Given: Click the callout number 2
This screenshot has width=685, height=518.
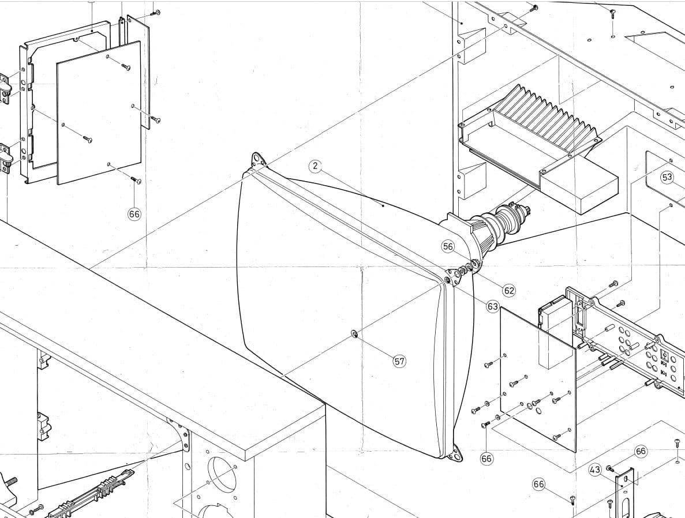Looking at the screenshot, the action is coord(315,166).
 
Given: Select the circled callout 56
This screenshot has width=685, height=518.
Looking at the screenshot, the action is coord(448,246).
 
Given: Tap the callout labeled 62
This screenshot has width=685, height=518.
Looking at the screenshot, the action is coord(509,291).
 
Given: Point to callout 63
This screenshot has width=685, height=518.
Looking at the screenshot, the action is coord(493,307).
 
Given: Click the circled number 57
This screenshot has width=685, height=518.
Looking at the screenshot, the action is coord(399,361).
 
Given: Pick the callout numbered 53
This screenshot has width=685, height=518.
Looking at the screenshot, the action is coord(667,177).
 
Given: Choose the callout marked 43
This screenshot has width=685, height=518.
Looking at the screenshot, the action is coord(595,470).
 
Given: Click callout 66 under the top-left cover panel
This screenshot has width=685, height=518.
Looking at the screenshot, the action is coord(134,214).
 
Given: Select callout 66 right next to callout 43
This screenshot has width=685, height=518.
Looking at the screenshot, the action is coord(641,451).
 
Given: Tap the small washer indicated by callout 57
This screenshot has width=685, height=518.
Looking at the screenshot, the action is coord(354,335).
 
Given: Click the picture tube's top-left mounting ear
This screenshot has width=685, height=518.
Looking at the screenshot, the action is coord(258,159).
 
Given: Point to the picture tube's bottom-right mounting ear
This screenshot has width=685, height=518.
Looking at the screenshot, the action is coord(456,452).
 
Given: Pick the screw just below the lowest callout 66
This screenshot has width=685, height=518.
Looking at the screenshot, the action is coord(572,500).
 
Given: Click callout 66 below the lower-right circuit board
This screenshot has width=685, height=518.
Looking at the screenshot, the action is coord(486,459).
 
